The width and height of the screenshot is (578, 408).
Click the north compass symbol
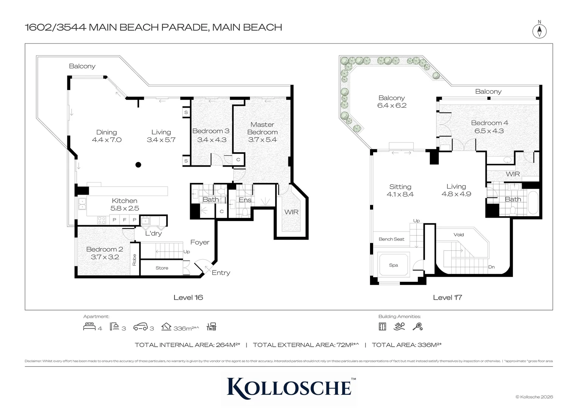pyautogui.click(x=539, y=31)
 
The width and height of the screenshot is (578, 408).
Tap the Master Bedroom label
pyautogui.click(x=262, y=128)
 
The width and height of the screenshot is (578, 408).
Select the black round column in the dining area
pyautogui.click(x=138, y=165)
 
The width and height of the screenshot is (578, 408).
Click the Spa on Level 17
pyautogui.click(x=394, y=265)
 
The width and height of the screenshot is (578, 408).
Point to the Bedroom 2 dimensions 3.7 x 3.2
pyautogui.click(x=105, y=257)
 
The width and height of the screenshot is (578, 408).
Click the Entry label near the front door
pyautogui.click(x=221, y=273)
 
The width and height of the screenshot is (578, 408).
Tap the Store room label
pyautogui.click(x=162, y=268)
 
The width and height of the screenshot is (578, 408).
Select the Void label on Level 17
pyautogui.click(x=459, y=235)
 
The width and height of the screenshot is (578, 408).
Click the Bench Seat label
pyautogui.click(x=391, y=239)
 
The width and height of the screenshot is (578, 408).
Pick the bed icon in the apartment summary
pyautogui.click(x=89, y=326)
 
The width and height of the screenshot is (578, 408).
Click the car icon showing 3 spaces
pyautogui.click(x=140, y=327)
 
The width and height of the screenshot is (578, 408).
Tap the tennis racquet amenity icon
pyautogui.click(x=417, y=326)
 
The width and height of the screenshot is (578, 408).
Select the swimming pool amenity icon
pyautogui.click(x=399, y=326)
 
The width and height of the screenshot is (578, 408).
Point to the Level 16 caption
pyautogui.click(x=188, y=297)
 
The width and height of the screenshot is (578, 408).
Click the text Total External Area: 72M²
pyautogui.click(x=305, y=345)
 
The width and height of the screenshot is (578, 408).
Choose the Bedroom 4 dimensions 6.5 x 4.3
pyautogui.click(x=489, y=131)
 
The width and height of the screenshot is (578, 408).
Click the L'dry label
pyautogui.click(x=153, y=233)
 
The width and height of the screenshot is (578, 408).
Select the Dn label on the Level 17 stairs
pyautogui.click(x=491, y=267)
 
